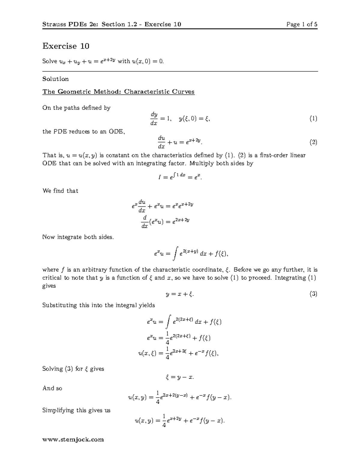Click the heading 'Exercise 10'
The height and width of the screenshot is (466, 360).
pyautogui.click(x=66, y=46)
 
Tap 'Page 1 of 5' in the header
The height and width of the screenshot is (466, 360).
pyautogui.click(x=302, y=24)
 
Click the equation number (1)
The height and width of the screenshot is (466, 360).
pyautogui.click(x=313, y=119)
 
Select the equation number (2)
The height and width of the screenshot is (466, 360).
pyautogui.click(x=313, y=142)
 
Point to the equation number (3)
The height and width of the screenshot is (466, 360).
pyautogui.click(x=313, y=294)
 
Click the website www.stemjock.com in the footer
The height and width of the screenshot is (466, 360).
pyautogui.click(x=73, y=440)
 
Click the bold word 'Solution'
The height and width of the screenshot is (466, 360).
pyautogui.click(x=55, y=79)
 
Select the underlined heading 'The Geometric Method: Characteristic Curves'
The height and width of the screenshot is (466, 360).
pyautogui.click(x=118, y=92)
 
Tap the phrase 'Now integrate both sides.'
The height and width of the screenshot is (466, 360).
pyautogui.click(x=78, y=237)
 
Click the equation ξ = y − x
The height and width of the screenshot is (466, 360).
pyautogui.click(x=180, y=377)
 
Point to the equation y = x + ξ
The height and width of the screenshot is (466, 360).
pyautogui.click(x=180, y=294)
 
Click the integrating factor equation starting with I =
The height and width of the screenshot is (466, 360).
pyautogui.click(x=180, y=177)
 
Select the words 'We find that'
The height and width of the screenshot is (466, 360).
pyautogui.click(x=60, y=191)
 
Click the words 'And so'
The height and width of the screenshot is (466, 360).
pyautogui.click(x=52, y=388)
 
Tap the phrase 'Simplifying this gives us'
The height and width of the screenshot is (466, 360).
pyautogui.click(x=76, y=410)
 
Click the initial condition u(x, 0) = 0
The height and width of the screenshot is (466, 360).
pyautogui.click(x=148, y=61)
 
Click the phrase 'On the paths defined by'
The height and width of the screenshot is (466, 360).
pyautogui.click(x=76, y=108)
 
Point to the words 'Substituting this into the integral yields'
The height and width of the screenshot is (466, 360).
pyautogui.click(x=98, y=305)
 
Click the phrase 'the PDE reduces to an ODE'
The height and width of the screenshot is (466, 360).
pyautogui.click(x=83, y=131)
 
